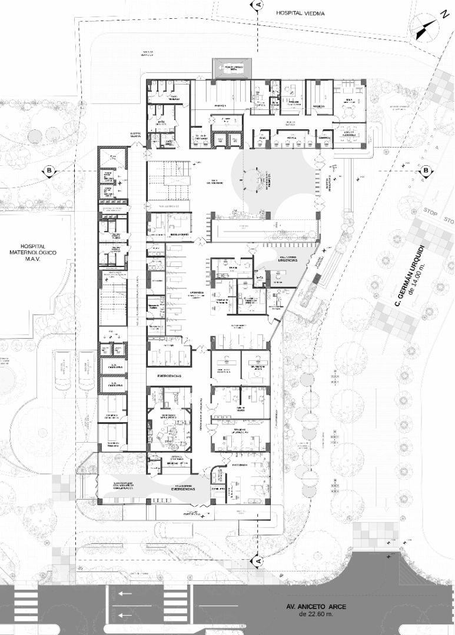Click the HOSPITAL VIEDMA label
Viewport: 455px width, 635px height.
coord(302,12)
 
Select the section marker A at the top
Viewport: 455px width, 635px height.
coord(257,5)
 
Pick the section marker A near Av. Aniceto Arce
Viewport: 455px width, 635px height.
coord(257,562)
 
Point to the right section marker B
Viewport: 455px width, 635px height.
coord(425,171)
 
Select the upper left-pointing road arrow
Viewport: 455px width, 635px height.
coord(125,594)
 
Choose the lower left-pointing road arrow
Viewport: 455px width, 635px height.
coord(125,615)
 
